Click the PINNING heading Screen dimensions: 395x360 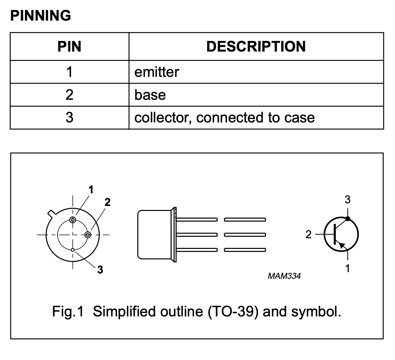tap(41, 15)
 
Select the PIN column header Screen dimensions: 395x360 tap(69, 47)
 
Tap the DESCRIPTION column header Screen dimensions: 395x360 tap(256, 47)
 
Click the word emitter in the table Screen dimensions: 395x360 tap(157, 72)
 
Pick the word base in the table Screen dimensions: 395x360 tap(150, 95)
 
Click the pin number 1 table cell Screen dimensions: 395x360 tap(69, 72)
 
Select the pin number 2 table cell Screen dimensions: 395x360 tap(69, 95)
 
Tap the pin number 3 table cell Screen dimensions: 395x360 tap(69, 117)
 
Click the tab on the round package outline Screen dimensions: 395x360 tap(52, 214)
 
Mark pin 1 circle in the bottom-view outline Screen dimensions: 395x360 tap(73, 220)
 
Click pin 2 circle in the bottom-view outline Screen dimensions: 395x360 tap(88, 235)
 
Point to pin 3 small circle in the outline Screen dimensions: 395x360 tap(73, 250)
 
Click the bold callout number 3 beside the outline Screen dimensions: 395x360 tap(100, 270)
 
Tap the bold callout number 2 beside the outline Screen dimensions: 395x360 tap(108, 202)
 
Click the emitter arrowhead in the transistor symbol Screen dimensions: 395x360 tap(342, 245)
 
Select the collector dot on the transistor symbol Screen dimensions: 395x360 tap(348, 219)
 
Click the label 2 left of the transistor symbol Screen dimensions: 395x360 tap(309, 235)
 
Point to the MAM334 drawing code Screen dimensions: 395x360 tap(284, 276)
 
